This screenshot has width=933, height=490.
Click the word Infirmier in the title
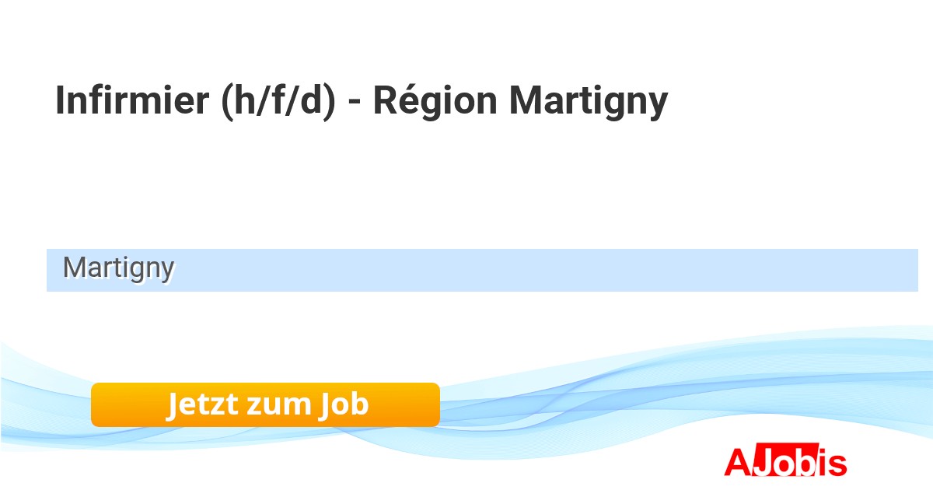(x=132, y=100)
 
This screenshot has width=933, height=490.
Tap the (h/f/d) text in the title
(x=278, y=101)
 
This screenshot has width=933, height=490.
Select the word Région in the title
(x=435, y=103)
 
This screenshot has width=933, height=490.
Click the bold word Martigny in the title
(x=589, y=103)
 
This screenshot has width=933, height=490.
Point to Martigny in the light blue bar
(x=119, y=269)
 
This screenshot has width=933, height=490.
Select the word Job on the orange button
(x=344, y=405)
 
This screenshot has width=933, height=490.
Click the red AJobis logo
(x=785, y=460)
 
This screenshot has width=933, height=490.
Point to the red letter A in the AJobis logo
(x=738, y=462)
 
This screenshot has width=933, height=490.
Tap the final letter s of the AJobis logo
(x=837, y=464)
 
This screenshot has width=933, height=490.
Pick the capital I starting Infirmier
(x=59, y=100)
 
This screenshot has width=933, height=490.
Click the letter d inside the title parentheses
(x=311, y=100)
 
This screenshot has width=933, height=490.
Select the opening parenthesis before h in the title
(x=227, y=102)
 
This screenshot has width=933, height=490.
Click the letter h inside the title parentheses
(x=246, y=100)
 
